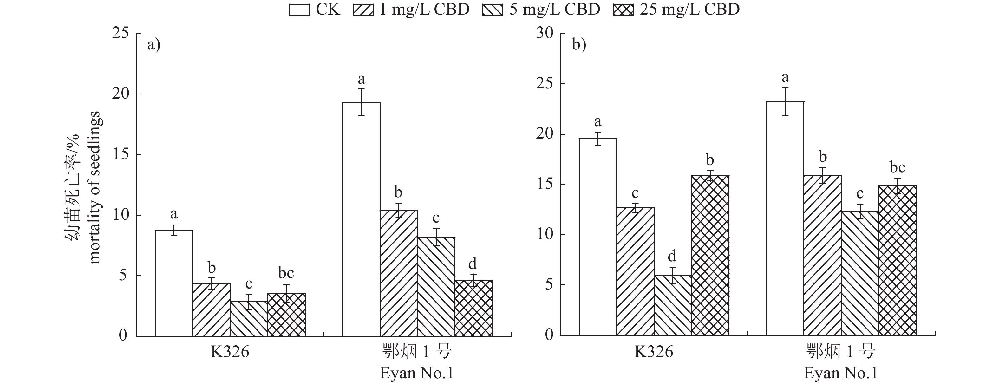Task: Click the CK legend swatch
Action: [299, 10]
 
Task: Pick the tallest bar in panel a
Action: [361, 219]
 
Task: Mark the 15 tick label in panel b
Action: [545, 184]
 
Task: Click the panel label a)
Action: [153, 45]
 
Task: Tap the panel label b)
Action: [578, 45]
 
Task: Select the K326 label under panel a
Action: [230, 352]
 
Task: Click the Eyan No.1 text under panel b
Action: [840, 373]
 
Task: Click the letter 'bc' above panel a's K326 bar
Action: [286, 273]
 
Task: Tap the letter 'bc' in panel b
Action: [898, 167]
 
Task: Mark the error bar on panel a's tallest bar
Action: [361, 102]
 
